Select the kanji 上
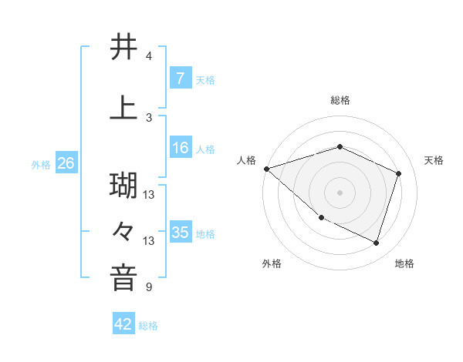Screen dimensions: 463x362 click(x=123, y=108)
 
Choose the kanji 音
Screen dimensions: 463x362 click(x=123, y=278)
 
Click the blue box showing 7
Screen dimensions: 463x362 click(x=180, y=78)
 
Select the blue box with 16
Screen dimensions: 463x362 click(x=180, y=148)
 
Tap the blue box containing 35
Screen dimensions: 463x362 click(x=180, y=233)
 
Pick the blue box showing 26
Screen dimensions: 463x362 click(x=66, y=163)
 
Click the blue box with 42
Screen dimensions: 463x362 click(x=123, y=324)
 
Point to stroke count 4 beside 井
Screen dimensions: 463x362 click(x=149, y=56)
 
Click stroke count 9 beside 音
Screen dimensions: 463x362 click(x=149, y=287)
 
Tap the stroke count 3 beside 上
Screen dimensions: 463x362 click(x=149, y=117)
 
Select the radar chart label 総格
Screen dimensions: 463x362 click(x=340, y=100)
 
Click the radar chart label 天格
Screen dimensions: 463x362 click(x=434, y=160)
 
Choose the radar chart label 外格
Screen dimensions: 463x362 click(x=272, y=263)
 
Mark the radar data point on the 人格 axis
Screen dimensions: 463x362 click(x=266, y=169)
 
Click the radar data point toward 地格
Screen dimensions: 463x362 click(x=376, y=243)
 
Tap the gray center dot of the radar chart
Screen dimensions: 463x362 click(x=340, y=192)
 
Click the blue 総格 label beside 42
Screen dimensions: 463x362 click(x=148, y=326)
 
